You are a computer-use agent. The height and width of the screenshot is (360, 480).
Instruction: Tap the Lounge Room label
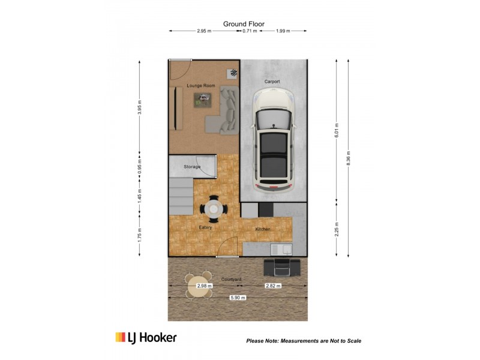coord(200,86)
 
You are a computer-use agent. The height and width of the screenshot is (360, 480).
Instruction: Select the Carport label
coord(272,82)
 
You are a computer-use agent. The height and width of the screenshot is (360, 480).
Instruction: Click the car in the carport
coord(273,139)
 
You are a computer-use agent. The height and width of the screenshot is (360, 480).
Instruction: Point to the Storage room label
coord(191,166)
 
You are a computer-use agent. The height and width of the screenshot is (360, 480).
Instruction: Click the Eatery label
coord(205,227)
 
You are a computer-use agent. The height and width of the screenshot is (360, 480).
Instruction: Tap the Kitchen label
coord(263,229)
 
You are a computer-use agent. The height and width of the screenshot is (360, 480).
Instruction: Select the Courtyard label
coord(231,280)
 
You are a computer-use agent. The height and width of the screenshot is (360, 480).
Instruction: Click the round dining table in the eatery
coord(214,209)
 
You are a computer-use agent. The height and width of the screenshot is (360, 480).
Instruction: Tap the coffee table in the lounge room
coord(205,100)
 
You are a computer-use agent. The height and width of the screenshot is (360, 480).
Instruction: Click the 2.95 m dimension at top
coord(204,31)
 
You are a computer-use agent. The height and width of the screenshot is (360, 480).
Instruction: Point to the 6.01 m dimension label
coord(336,130)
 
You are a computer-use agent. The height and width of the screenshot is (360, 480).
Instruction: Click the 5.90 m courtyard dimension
coord(238,298)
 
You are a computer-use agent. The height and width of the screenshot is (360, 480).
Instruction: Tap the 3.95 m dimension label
coord(139,106)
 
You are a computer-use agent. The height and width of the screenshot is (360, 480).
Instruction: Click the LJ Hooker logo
coord(146,338)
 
